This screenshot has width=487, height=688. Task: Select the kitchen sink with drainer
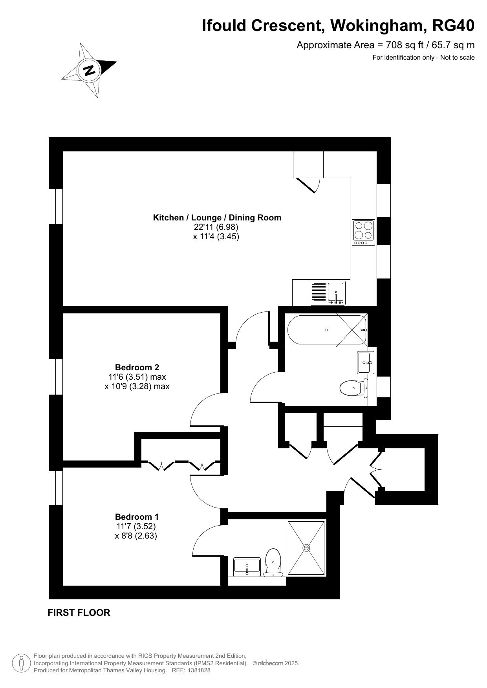click(328, 293)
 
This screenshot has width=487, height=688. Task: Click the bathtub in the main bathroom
click(327, 330)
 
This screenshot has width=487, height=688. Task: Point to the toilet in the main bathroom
click(354, 388)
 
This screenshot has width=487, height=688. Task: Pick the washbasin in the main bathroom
click(366, 362)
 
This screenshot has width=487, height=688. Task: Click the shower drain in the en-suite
click(306, 548)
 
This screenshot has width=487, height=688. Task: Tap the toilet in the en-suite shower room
click(273, 562)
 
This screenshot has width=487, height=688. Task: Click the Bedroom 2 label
click(137, 368)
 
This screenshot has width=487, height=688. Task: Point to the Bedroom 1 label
click(137, 517)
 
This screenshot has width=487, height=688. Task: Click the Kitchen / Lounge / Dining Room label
click(217, 217)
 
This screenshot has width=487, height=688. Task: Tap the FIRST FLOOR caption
click(79, 613)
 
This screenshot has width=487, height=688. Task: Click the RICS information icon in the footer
click(21, 663)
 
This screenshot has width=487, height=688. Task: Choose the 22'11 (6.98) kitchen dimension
click(216, 227)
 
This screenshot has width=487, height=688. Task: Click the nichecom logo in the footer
click(269, 663)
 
